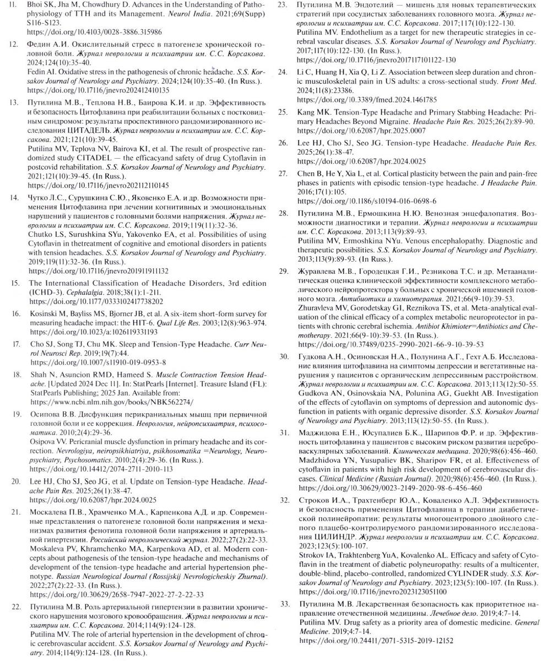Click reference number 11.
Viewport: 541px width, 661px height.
point(14,6)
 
